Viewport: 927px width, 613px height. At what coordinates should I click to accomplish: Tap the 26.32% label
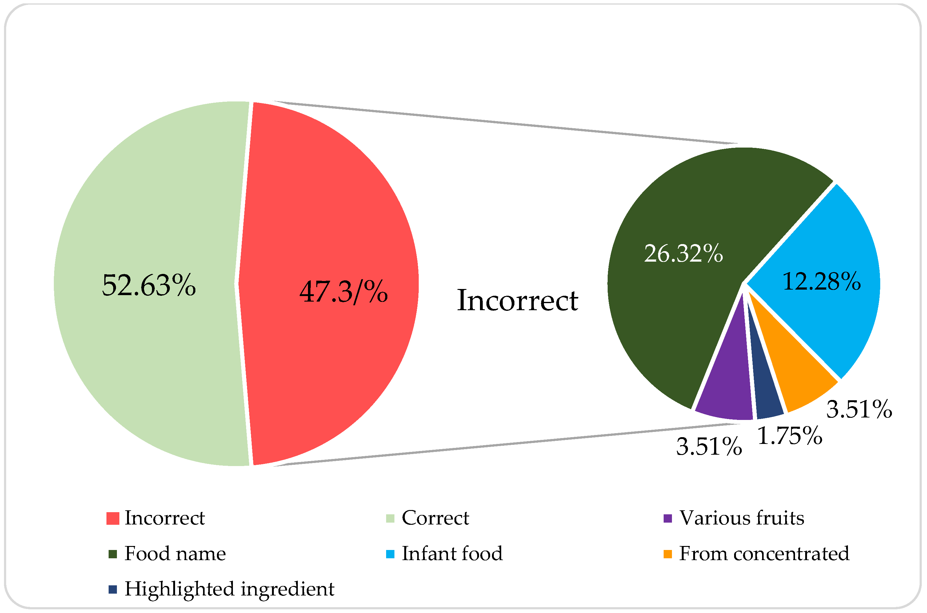click(x=683, y=254)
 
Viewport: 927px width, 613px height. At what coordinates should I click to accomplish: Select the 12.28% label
click(x=821, y=282)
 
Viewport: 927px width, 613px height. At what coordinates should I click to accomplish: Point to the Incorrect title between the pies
click(x=517, y=301)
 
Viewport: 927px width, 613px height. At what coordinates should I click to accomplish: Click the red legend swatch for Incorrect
click(x=113, y=518)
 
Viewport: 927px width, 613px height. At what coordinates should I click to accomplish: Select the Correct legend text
click(x=435, y=518)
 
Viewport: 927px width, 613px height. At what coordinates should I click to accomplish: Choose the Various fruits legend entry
click(x=741, y=518)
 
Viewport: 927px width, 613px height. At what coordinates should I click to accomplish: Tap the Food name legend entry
click(x=175, y=554)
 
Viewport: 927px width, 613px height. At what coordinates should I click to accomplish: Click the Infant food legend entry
click(x=452, y=554)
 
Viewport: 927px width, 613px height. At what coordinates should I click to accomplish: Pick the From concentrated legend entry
click(x=764, y=554)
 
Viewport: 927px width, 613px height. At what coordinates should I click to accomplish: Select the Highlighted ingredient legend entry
click(x=229, y=589)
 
